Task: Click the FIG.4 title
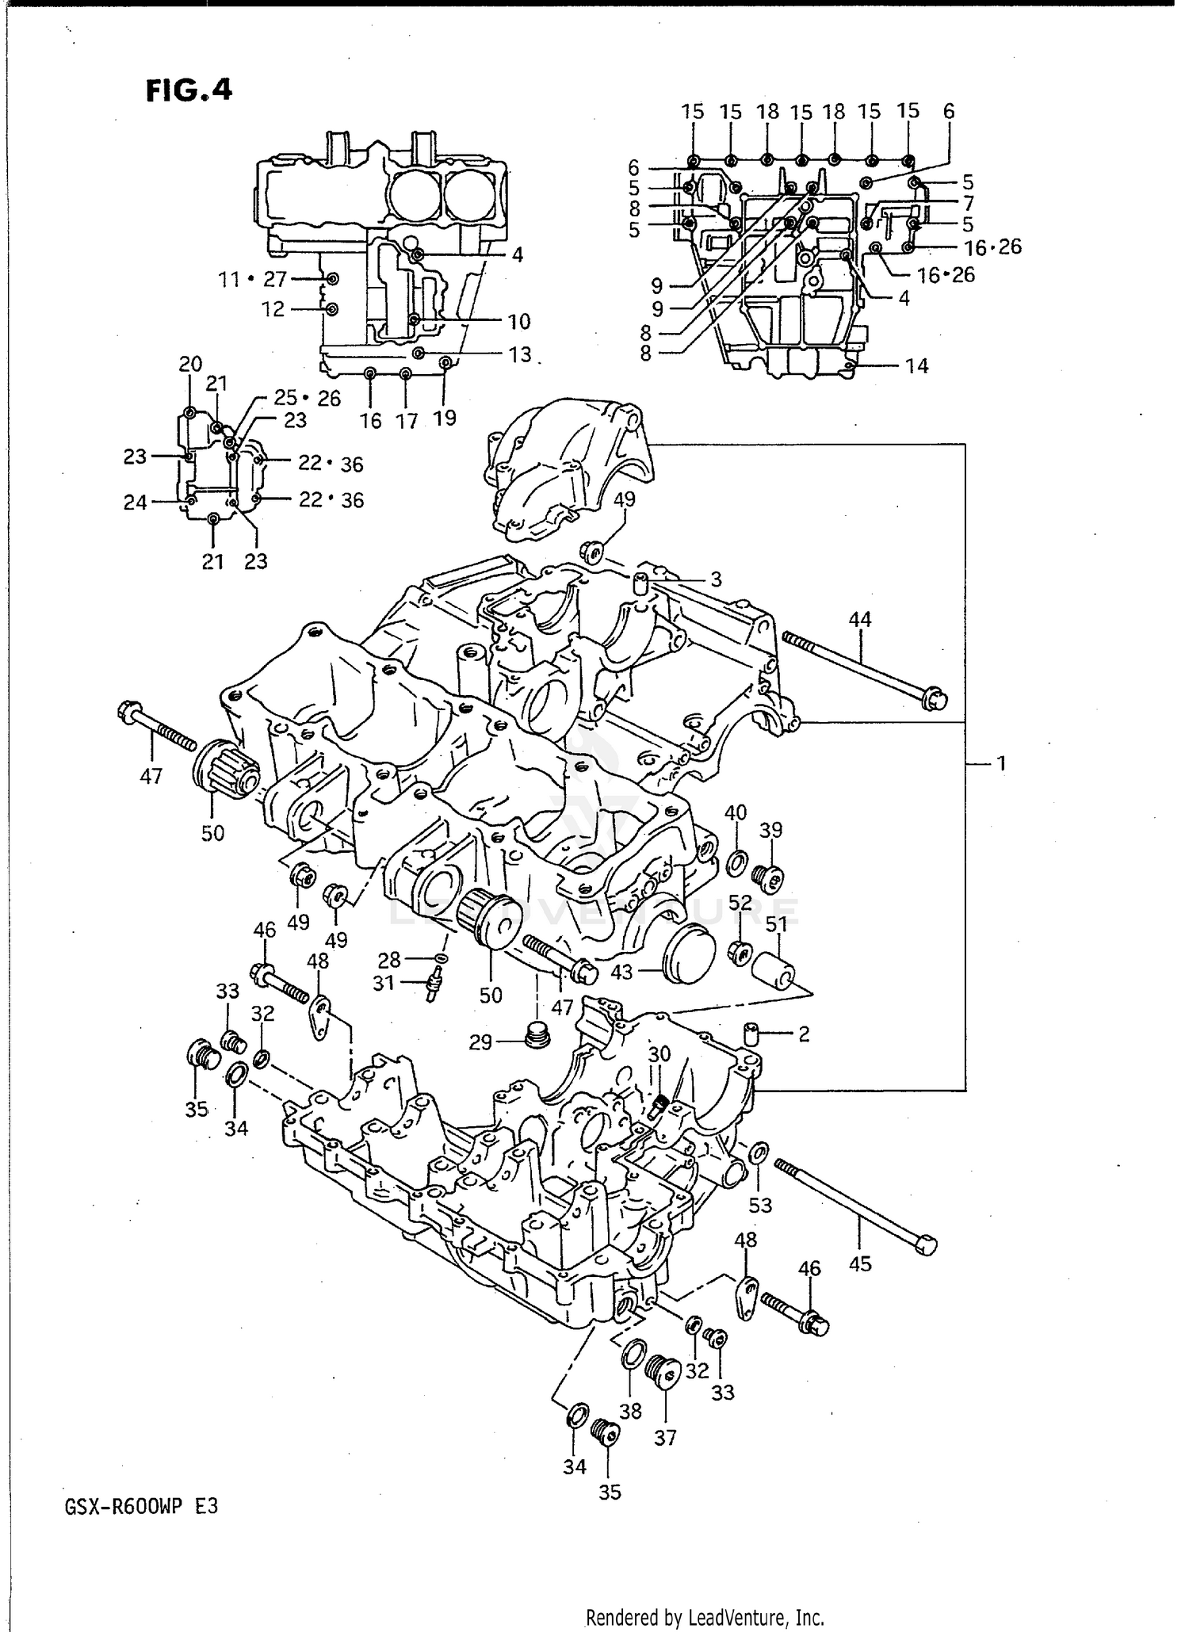tap(189, 90)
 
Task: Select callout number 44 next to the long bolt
tap(859, 618)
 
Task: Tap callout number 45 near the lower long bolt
tap(859, 1263)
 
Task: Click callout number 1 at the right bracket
tap(1000, 763)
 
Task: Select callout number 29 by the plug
tap(480, 1041)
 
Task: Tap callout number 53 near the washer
tap(759, 1205)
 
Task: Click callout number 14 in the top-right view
tap(916, 366)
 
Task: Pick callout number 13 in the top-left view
tap(519, 354)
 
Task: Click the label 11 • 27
tap(252, 279)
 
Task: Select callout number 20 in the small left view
tap(190, 365)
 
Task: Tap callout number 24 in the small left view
tap(136, 502)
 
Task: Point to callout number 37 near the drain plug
tap(665, 1437)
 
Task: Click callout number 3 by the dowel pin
tap(715, 579)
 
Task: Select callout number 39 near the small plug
tap(770, 830)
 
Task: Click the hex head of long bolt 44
tap(935, 698)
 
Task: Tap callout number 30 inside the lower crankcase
tap(659, 1054)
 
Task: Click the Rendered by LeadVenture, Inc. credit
tap(705, 1617)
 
